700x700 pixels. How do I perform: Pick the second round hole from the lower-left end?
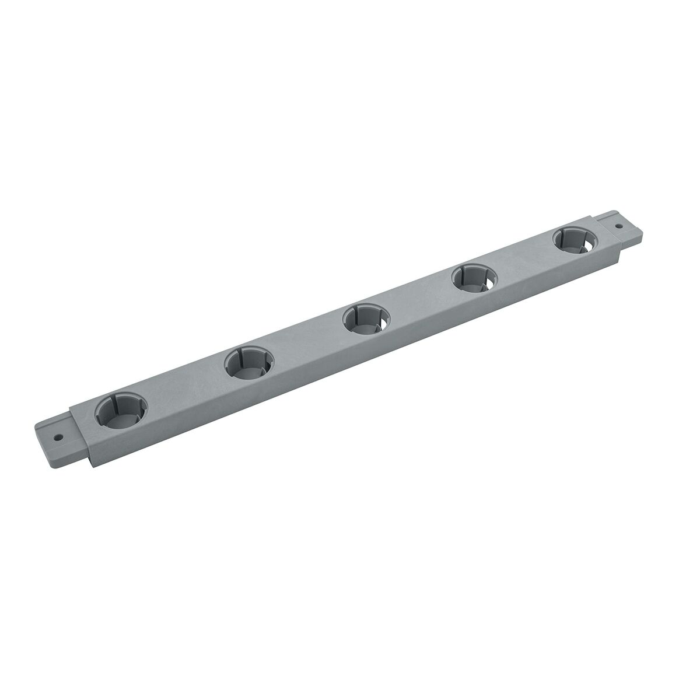(247, 363)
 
